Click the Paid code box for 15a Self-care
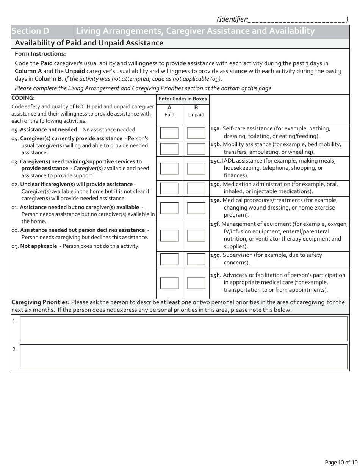coord(169,133)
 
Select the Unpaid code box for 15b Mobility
coord(196,149)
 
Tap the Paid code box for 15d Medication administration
coord(169,188)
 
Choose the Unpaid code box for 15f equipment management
coord(196,236)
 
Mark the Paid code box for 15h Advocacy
coord(169,283)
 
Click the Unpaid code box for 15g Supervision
coord(196,259)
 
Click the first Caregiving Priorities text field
coord(183,329)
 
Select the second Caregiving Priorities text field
coord(183,357)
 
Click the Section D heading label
coord(30,31)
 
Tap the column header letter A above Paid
coord(169,108)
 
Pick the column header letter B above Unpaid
coord(196,108)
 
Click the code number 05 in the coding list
coord(15,130)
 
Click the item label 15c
coord(215,161)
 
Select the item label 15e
coord(215,200)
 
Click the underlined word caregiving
coord(310,302)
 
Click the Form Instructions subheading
coord(40,54)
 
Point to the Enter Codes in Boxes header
coord(183,99)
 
